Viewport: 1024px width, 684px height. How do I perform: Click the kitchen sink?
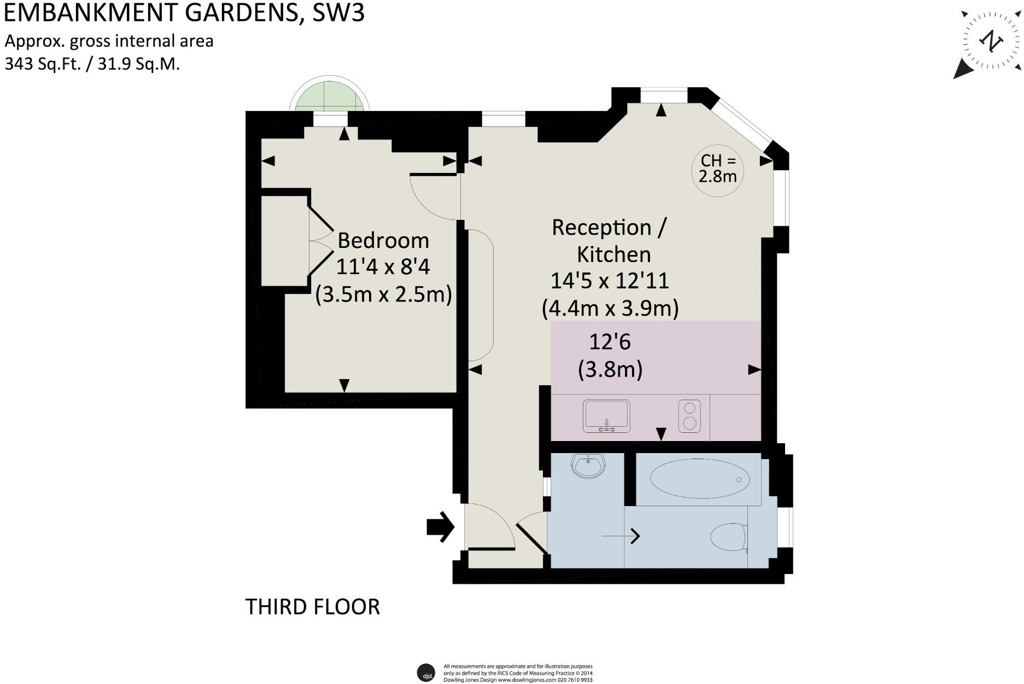(x=606, y=416)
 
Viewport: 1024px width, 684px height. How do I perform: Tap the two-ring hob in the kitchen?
(x=689, y=416)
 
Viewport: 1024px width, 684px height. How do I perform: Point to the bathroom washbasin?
(x=588, y=466)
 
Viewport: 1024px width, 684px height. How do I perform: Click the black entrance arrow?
(x=441, y=527)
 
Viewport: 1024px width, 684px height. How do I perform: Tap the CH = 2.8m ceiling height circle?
(x=718, y=169)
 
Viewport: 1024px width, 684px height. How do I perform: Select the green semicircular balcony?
(x=330, y=98)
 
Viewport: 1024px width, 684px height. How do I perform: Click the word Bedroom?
(x=383, y=241)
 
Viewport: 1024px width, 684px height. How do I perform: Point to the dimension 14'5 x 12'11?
(x=610, y=281)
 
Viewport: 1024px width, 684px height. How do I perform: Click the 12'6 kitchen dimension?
(x=610, y=342)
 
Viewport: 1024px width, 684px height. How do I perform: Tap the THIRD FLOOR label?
(x=312, y=607)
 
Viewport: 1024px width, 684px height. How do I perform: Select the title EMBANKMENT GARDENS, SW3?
(x=184, y=13)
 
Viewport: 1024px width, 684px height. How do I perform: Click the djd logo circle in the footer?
(x=426, y=673)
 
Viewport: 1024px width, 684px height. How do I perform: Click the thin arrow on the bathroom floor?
(x=621, y=536)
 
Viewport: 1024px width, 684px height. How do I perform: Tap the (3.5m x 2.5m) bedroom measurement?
(x=383, y=294)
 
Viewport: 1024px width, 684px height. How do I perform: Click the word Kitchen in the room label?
(x=613, y=254)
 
